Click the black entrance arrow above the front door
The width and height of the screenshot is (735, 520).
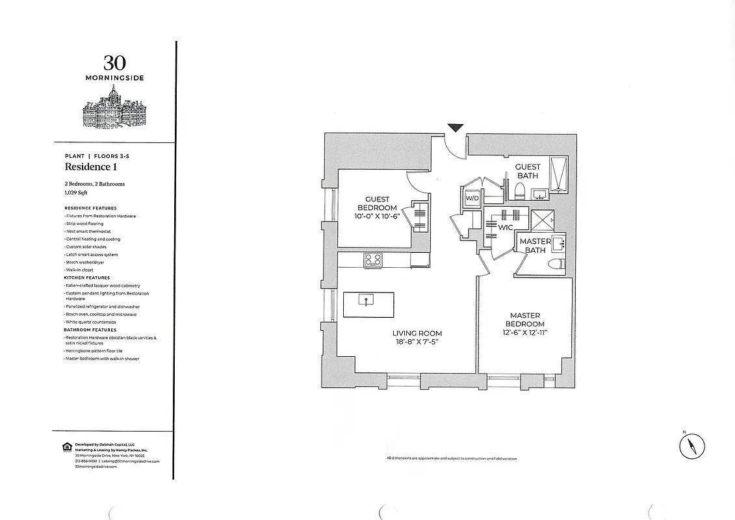(456, 127)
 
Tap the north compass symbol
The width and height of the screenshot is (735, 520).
(692, 447)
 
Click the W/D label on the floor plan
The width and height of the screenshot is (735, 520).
(472, 197)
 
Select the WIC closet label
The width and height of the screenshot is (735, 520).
(505, 228)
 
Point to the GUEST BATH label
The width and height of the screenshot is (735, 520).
(528, 171)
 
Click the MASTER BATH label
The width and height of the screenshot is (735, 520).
(535, 246)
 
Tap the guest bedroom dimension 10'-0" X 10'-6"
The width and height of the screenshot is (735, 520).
(377, 215)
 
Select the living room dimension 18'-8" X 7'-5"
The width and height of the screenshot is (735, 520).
(413, 343)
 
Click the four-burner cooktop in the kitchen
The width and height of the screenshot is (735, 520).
(373, 260)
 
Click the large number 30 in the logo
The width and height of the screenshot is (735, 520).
(114, 63)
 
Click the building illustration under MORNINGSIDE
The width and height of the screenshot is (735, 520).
(114, 107)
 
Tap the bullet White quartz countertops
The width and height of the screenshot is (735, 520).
(91, 322)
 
